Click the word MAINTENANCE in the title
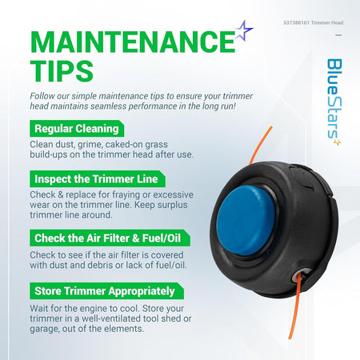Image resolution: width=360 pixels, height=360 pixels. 133,42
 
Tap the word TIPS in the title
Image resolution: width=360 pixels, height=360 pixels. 62,71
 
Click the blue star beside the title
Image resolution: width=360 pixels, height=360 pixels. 243,30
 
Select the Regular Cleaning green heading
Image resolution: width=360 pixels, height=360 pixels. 77,129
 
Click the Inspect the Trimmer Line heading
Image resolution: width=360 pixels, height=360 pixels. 98,179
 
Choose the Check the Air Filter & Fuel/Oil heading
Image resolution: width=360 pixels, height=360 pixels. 110,238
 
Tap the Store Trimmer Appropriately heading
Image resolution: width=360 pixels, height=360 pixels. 106,291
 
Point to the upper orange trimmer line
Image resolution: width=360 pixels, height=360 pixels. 261,145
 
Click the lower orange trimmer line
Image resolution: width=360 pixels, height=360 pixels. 295,306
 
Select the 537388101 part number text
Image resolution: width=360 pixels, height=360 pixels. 297,22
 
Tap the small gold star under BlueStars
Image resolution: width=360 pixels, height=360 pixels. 338,142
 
